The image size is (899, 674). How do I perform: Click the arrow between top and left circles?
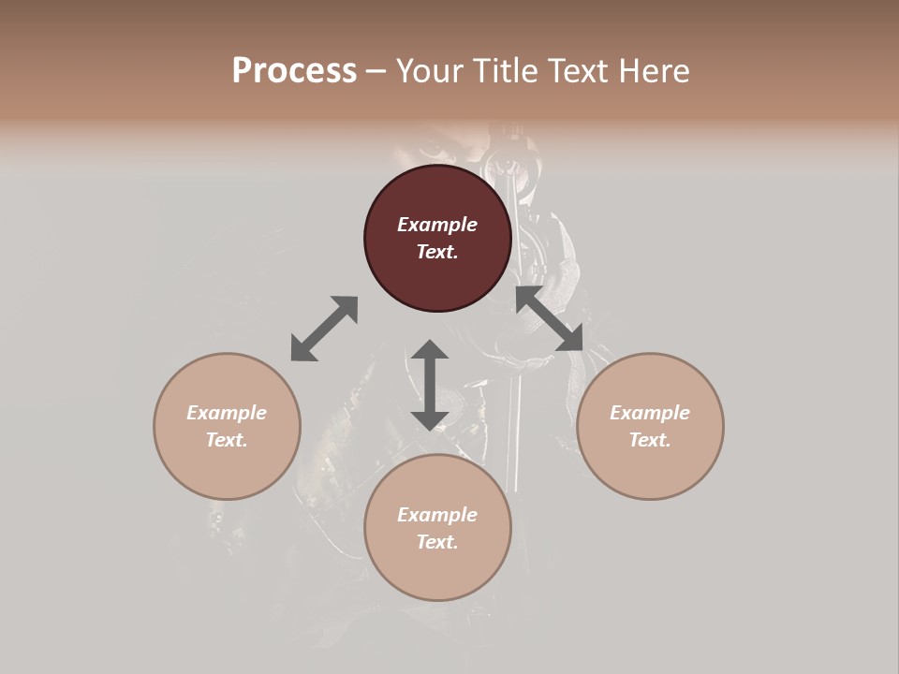[x=324, y=329]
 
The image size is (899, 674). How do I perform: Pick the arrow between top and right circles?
[x=550, y=318]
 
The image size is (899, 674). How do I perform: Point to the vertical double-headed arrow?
[x=430, y=385]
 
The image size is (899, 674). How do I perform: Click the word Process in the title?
[x=294, y=70]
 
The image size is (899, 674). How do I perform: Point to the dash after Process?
[x=376, y=71]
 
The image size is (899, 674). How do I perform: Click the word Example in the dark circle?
[x=437, y=225]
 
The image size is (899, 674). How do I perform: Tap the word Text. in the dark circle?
[x=437, y=252]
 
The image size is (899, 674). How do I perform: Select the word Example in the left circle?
[x=227, y=413]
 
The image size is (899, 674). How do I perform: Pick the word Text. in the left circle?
[x=227, y=440]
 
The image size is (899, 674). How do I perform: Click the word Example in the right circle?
[x=650, y=413]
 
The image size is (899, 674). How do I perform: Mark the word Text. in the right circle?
[x=650, y=440]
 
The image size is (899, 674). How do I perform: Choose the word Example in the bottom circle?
[x=437, y=515]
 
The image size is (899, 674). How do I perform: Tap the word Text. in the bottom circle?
[x=437, y=542]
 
